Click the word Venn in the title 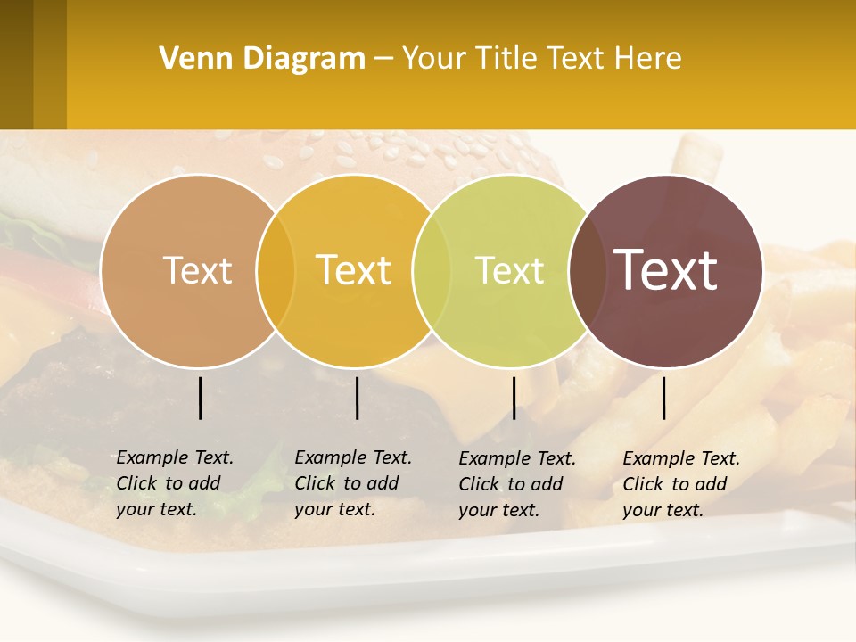point(189,58)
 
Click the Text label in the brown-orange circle point(197,270)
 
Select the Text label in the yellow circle point(353,270)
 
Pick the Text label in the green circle point(509,270)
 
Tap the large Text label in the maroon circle point(666,270)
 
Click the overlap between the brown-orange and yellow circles point(276,270)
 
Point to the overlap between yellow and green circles point(432,270)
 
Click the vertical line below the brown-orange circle point(201,398)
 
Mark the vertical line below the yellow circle point(357,398)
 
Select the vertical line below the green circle point(514,398)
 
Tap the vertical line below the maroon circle point(664,398)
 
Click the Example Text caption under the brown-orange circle point(175,483)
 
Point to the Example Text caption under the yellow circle point(353,483)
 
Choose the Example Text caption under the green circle point(517,484)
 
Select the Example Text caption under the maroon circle point(681,484)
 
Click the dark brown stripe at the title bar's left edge point(16,64)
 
